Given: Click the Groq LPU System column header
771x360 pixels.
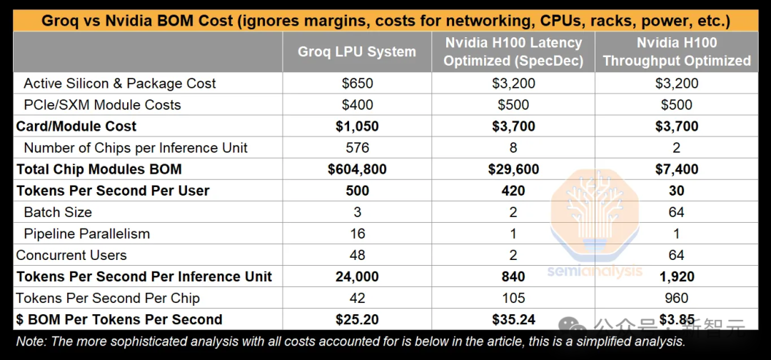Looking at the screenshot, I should pos(357,51).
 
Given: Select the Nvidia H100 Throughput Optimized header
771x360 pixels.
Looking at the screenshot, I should pos(676,51).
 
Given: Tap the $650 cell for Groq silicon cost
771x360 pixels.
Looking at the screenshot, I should pos(357,84).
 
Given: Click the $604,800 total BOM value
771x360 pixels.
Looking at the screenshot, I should pos(357,169).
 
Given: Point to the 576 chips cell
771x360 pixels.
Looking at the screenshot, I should pos(357,148).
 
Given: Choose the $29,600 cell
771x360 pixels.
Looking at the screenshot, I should pos(513,169).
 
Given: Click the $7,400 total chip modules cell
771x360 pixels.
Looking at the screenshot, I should pos(676,169).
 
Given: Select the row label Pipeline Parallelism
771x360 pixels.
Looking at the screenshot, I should pos(86,234).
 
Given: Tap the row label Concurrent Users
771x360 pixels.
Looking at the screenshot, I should pos(71,255).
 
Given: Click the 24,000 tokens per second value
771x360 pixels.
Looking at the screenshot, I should pos(357,276).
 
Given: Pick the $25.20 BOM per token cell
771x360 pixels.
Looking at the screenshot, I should pos(357,319).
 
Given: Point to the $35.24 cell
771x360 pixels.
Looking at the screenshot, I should pos(513,319).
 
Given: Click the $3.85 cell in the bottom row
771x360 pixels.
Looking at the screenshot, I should pos(676,319).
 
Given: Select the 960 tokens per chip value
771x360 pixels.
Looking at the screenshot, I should pos(676,298).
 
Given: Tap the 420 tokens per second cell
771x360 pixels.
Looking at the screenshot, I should pos(513,191).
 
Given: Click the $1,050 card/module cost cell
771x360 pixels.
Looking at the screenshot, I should pos(357,126).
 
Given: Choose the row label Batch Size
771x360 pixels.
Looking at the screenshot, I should pos(58,212).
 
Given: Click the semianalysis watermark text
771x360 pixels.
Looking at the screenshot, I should pos(595,271).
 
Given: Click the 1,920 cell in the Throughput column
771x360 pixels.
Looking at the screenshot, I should pos(676,276).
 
